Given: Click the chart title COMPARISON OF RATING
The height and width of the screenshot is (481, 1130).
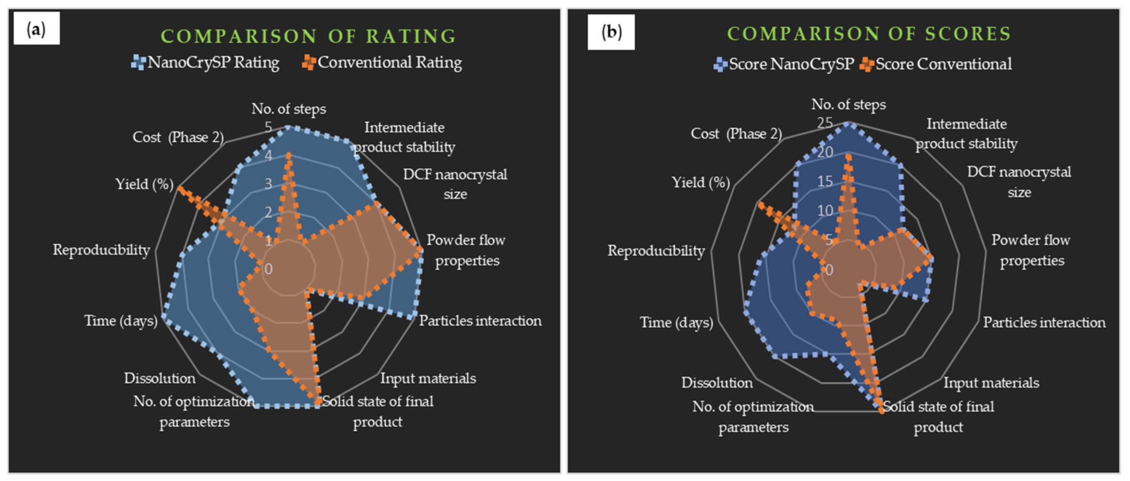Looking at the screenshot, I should [308, 36].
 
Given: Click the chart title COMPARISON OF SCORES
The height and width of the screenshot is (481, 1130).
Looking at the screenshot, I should [869, 34].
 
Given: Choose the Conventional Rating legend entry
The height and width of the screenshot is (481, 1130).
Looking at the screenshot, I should [382, 62].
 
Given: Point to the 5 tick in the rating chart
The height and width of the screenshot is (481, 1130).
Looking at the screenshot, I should [268, 127].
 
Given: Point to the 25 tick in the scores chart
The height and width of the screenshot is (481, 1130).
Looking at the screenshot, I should [825, 123].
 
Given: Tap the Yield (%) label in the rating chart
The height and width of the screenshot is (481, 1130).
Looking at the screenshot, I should [144, 184].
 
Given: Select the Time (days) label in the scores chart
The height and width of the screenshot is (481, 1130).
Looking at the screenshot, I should [676, 323].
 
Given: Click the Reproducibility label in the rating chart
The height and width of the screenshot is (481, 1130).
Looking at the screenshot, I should [101, 250].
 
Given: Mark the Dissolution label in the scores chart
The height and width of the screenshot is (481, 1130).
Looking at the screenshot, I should [717, 383].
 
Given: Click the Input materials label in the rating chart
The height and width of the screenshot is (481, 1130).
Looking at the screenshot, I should [428, 378].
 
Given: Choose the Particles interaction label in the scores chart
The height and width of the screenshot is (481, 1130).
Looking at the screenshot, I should [1044, 323].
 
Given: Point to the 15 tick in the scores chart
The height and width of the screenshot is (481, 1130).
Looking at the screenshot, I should [825, 181].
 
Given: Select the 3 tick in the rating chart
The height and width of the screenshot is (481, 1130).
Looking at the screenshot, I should [268, 184].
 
